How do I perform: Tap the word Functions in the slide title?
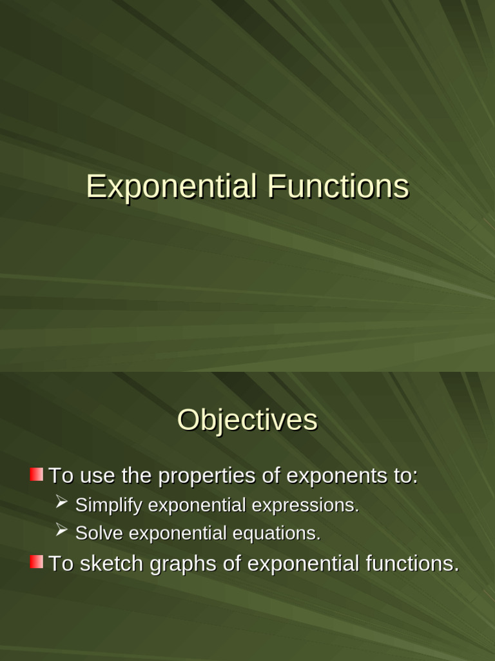pos(338,187)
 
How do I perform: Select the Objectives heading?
pos(247,420)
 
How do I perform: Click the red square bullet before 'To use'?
pos(37,475)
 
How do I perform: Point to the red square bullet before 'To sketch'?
pos(37,562)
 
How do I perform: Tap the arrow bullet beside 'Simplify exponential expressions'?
pos(62,502)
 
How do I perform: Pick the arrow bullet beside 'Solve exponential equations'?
pos(62,531)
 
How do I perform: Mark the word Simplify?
pos(109,505)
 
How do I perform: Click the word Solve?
pos(96,534)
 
